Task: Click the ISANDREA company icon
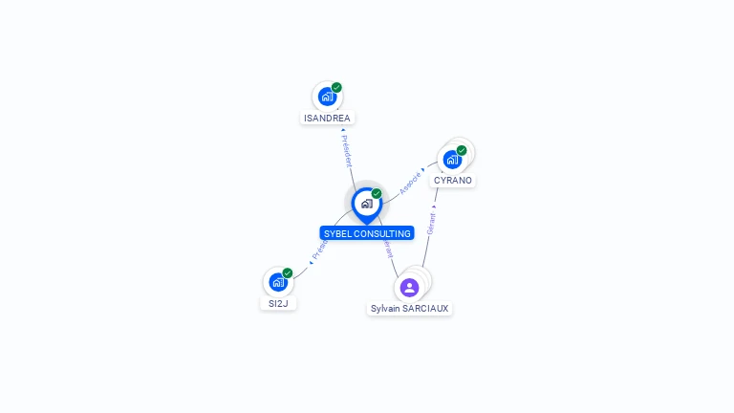327,97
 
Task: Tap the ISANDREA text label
327,119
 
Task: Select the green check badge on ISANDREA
336,87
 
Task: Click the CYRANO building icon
452,160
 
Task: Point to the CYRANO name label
453,181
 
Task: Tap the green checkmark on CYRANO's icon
462,150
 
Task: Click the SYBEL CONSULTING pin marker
366,204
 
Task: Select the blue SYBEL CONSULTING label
367,233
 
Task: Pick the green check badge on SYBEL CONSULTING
377,193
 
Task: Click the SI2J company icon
277,282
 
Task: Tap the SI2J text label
278,303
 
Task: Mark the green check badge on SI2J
288,272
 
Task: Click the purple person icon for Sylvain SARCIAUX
409,287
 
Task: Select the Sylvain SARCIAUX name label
410,309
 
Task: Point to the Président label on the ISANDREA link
346,149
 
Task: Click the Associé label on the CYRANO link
411,184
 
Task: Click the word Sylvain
386,309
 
